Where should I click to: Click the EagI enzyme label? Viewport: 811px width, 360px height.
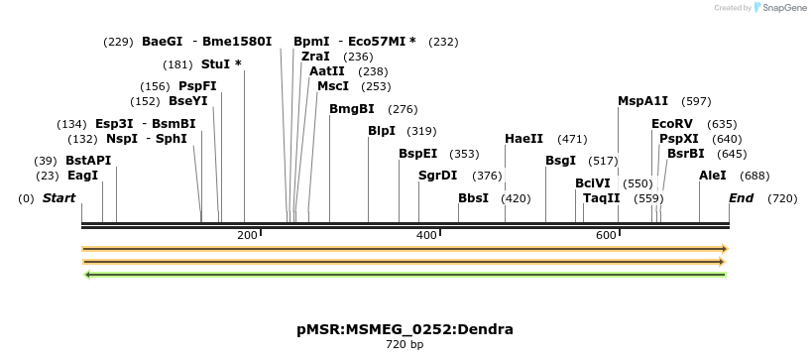pyautogui.click(x=83, y=176)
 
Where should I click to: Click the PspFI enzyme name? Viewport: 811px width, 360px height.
pyautogui.click(x=197, y=86)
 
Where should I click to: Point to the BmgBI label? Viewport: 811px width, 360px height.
pyautogui.click(x=352, y=109)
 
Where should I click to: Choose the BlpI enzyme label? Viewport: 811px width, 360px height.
pyautogui.click(x=382, y=131)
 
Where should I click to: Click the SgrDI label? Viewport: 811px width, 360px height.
pyautogui.click(x=438, y=176)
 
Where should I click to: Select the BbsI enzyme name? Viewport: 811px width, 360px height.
pyautogui.click(x=474, y=198)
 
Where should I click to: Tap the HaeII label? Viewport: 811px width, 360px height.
pyautogui.click(x=524, y=139)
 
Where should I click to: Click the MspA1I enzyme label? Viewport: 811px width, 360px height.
pyautogui.click(x=643, y=101)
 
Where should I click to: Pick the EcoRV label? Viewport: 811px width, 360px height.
pyautogui.click(x=672, y=124)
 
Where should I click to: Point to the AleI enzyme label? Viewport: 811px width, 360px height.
pyautogui.click(x=713, y=176)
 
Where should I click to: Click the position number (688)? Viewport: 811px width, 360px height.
pyautogui.click(x=755, y=176)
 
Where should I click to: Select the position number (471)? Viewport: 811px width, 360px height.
pyautogui.click(x=573, y=139)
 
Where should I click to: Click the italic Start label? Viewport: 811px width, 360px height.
pyautogui.click(x=58, y=198)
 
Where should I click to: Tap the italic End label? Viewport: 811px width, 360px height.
pyautogui.click(x=742, y=198)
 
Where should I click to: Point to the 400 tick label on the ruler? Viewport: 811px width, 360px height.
pyautogui.click(x=426, y=234)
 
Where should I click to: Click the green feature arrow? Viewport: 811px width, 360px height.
pyautogui.click(x=405, y=275)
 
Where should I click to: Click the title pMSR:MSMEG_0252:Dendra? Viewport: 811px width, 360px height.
pyautogui.click(x=405, y=329)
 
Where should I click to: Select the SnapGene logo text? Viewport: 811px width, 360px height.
pyautogui.click(x=786, y=8)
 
